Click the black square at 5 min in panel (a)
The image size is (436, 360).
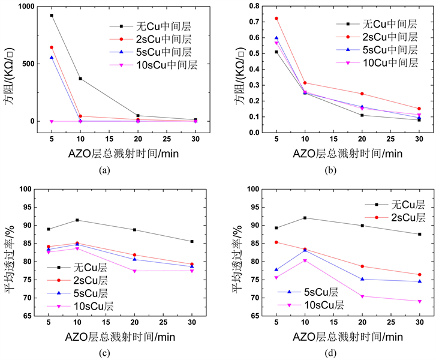[52, 15]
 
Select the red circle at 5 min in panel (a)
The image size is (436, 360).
[52, 47]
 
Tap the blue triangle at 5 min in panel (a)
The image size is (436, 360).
[52, 58]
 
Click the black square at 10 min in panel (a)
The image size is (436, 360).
[80, 79]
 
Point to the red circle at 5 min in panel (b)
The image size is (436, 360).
[276, 18]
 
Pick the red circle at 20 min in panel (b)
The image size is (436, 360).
[362, 94]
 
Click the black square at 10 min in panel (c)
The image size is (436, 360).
[77, 220]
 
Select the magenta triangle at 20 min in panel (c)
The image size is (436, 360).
[134, 271]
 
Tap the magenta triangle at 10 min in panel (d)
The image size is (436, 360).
[305, 261]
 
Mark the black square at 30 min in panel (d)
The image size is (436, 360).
[419, 234]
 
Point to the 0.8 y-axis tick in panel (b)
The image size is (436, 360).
[252, 6]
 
